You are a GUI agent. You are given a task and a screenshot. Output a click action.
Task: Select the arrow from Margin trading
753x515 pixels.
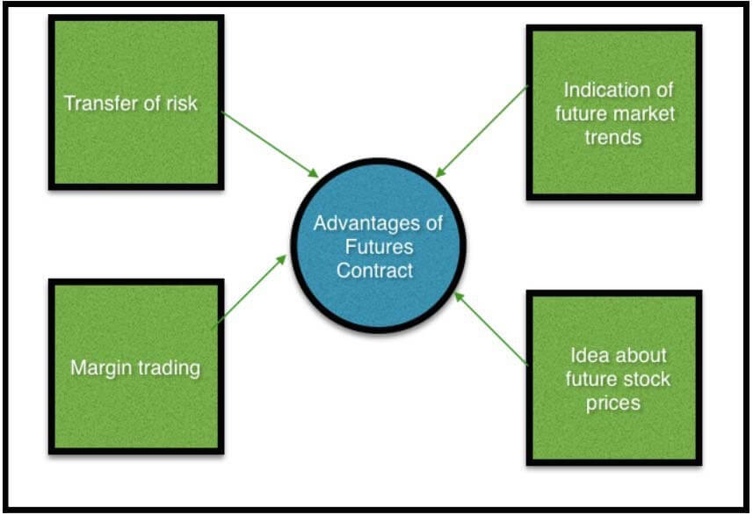[x=250, y=289]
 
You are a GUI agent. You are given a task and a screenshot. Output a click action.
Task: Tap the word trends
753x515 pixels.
[x=613, y=137]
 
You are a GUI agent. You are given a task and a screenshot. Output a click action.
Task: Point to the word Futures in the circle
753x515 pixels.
[x=379, y=247]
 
